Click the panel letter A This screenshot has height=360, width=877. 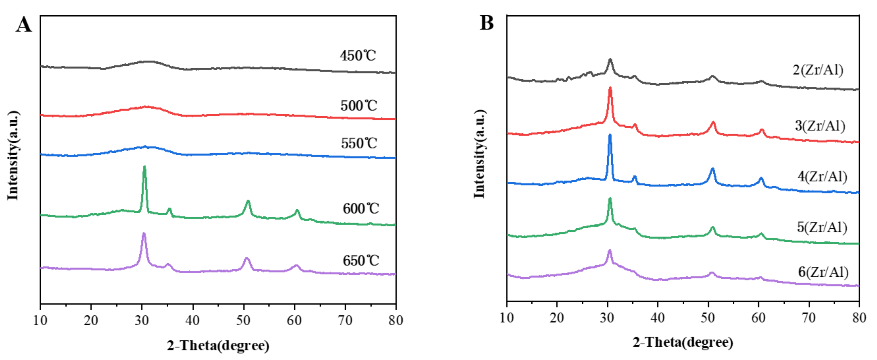23,25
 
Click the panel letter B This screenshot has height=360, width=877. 487,23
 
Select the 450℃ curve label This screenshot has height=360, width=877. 358,56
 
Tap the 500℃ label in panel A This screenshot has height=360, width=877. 358,106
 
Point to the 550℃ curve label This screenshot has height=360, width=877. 359,143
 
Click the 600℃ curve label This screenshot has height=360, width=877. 360,208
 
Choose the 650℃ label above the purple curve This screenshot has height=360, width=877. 360,260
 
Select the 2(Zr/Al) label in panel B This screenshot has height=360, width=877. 818,69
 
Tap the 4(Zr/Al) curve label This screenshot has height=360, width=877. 822,177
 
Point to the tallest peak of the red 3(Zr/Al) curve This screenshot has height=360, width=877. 610,89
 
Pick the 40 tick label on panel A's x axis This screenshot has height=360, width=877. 193,320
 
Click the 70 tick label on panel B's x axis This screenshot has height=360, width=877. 809,318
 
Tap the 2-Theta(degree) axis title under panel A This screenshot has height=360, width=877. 218,345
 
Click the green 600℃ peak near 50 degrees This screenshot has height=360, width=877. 248,202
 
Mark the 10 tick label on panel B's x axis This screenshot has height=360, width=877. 506,318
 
